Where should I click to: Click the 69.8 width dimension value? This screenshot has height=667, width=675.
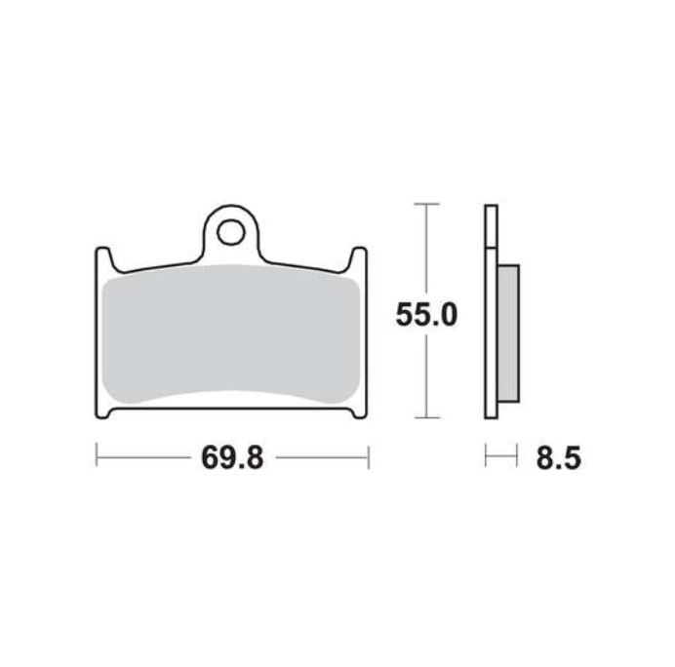click(x=232, y=457)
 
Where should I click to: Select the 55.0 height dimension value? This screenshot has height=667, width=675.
click(x=426, y=314)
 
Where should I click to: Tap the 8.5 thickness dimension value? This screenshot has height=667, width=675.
click(x=559, y=457)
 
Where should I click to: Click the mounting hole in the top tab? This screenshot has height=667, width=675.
click(x=231, y=232)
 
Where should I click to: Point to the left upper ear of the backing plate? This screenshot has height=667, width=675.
click(x=103, y=258)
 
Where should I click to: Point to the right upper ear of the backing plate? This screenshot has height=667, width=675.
click(x=359, y=258)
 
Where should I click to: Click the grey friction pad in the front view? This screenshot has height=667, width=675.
click(x=231, y=333)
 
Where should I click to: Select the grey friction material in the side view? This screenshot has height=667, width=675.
click(x=508, y=333)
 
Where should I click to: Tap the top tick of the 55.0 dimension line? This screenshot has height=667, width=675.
click(x=426, y=204)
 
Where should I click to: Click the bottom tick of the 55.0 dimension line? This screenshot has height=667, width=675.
click(x=426, y=417)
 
